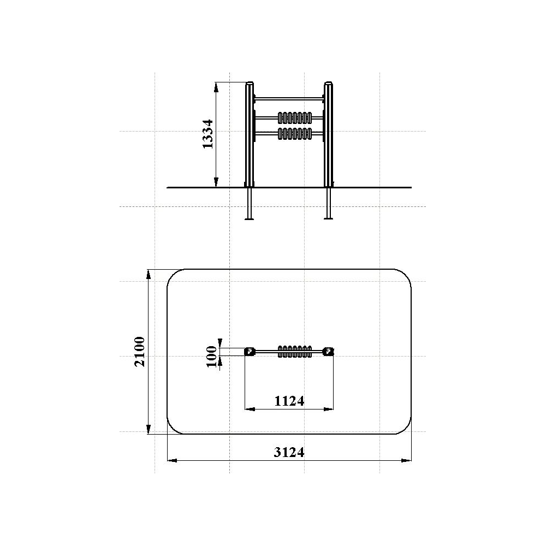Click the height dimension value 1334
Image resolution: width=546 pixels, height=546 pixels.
(x=208, y=134)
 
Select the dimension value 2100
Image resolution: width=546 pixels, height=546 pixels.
(x=140, y=352)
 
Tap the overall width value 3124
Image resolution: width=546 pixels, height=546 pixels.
(x=289, y=452)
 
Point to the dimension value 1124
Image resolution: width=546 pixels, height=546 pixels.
(x=289, y=401)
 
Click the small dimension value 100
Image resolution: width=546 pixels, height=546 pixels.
(x=212, y=356)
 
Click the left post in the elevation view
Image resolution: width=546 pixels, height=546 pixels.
(x=250, y=135)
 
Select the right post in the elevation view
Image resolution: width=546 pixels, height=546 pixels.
(x=328, y=135)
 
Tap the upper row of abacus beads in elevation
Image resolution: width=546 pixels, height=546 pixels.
(x=295, y=118)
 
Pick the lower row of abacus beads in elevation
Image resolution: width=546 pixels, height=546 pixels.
(x=295, y=134)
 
